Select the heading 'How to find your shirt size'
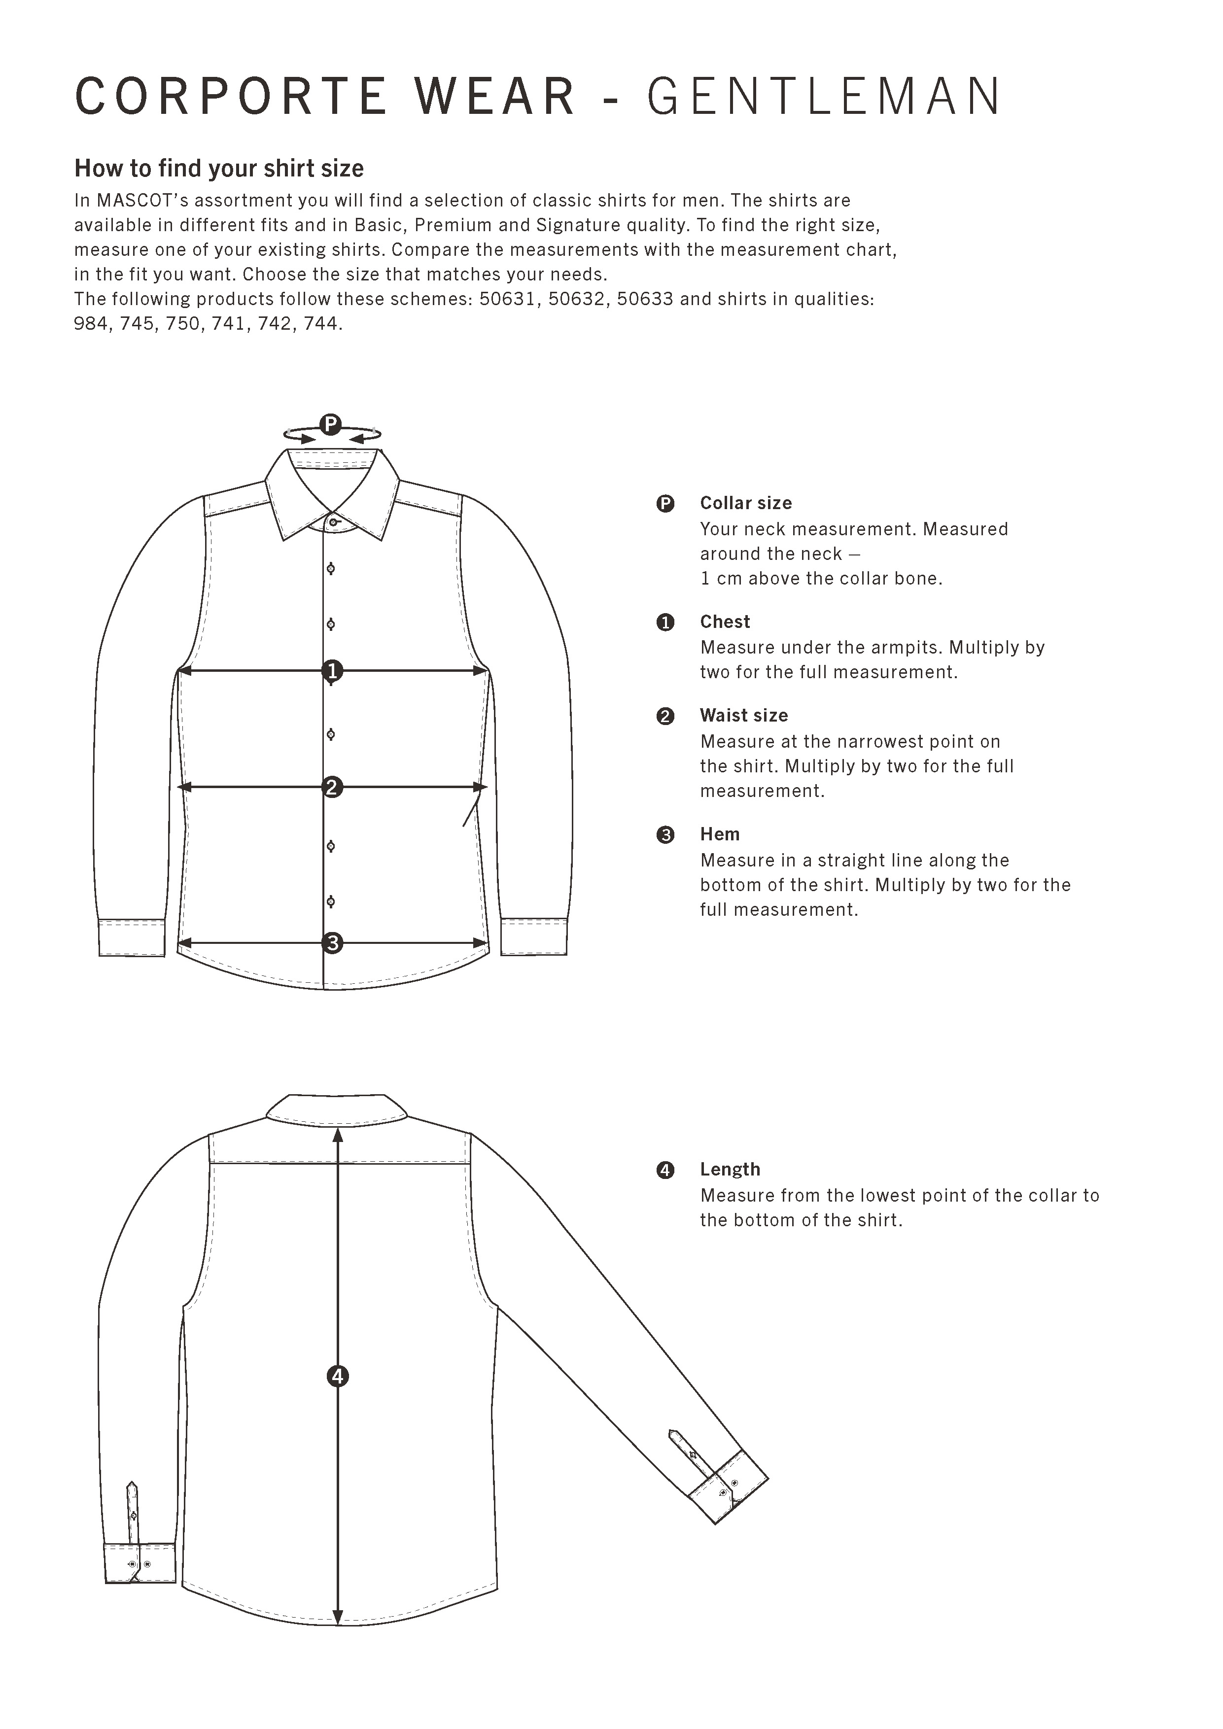point(218,168)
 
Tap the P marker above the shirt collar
point(331,425)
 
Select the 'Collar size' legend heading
point(745,503)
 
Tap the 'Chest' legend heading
point(725,622)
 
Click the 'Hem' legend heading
point(719,834)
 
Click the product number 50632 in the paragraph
point(576,299)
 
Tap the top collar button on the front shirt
point(333,522)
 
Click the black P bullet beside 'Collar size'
point(665,503)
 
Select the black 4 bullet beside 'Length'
point(665,1170)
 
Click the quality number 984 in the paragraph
point(90,324)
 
